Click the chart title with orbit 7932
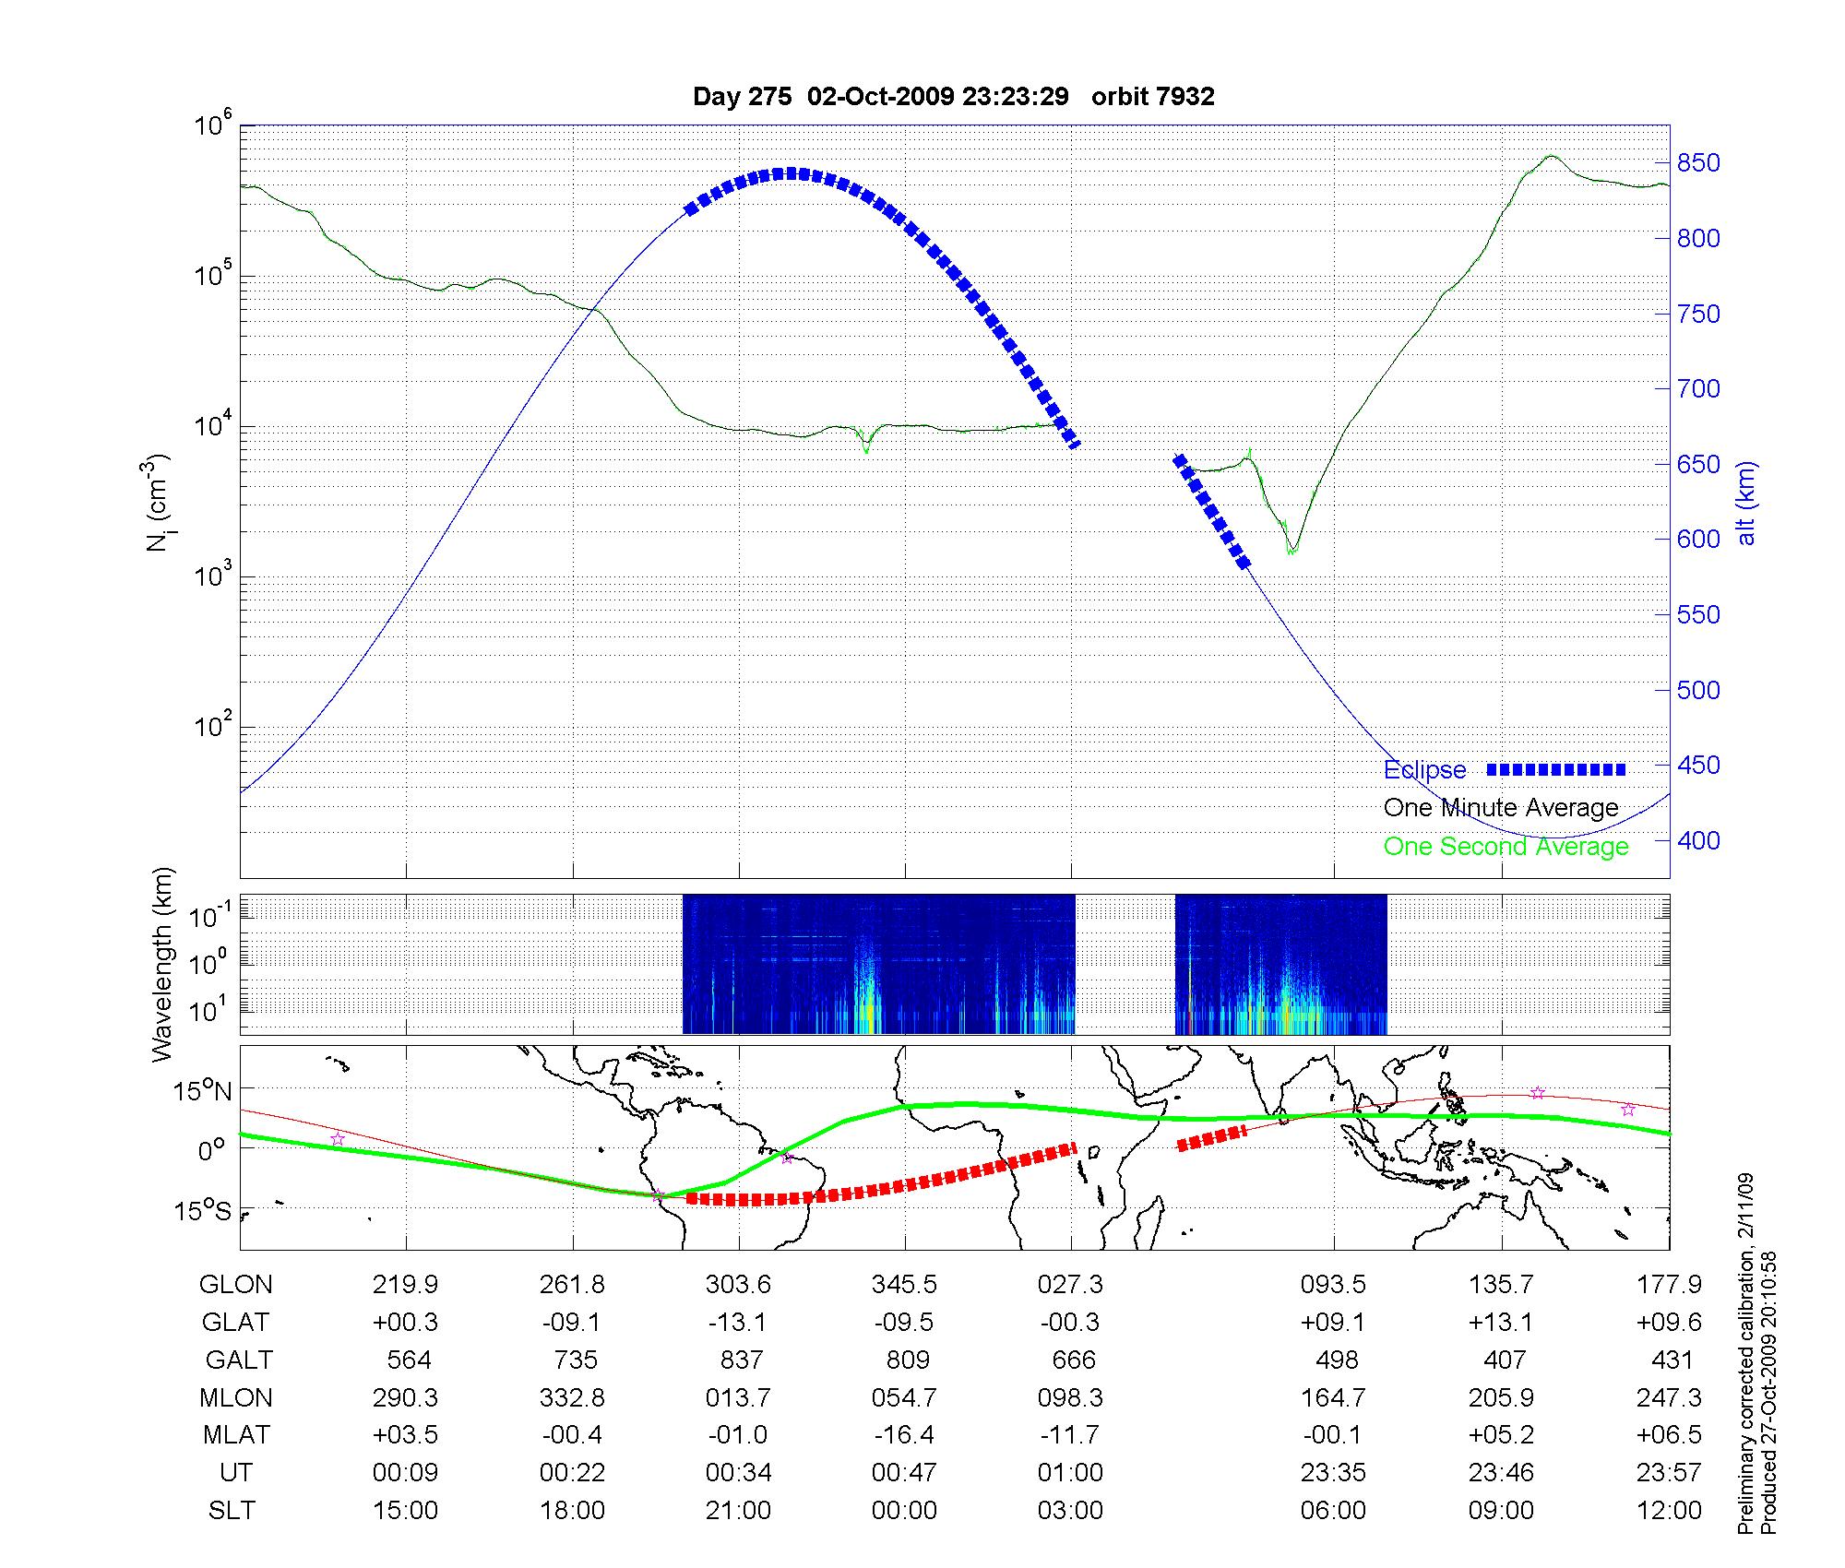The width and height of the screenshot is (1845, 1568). pos(953,97)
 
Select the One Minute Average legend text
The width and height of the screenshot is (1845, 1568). pos(1501,808)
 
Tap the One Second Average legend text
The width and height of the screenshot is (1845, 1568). pos(1506,847)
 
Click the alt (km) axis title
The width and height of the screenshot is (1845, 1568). pos(1746,504)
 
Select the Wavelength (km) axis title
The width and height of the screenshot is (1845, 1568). pos(163,965)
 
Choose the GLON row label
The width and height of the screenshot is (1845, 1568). pos(235,1285)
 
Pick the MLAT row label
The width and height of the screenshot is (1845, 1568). pos(236,1435)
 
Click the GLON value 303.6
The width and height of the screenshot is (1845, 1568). pos(738,1285)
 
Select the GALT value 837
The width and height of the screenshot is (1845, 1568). pos(741,1360)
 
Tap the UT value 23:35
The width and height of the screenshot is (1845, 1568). pos(1333,1473)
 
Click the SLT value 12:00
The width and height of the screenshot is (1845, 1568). pos(1671,1511)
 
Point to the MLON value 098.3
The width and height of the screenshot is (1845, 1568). pos(1070,1398)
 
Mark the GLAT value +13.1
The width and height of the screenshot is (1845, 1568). pos(1501,1323)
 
